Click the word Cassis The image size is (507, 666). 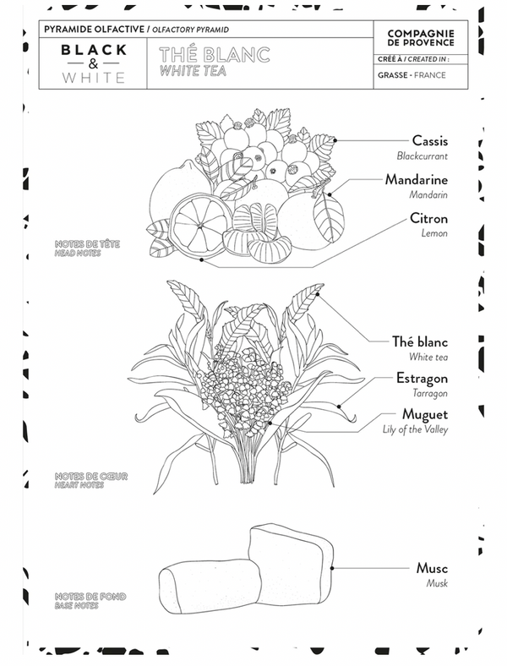(430, 140)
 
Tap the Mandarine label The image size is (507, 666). (416, 180)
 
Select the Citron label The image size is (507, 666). (428, 218)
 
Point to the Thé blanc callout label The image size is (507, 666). (419, 341)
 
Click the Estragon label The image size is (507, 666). (422, 378)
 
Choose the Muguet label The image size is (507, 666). (425, 414)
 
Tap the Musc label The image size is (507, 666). (432, 568)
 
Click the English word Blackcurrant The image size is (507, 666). (422, 156)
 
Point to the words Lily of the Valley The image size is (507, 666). (415, 429)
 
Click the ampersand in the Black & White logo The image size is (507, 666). (94, 63)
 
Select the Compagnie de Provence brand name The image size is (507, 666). (421, 38)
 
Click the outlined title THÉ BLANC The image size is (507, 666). (215, 55)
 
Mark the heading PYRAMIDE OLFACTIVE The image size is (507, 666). (95, 30)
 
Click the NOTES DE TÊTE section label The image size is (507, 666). (87, 243)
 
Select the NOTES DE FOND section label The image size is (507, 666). (90, 597)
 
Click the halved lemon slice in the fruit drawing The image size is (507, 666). (199, 225)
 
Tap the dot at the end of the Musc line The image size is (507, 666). (332, 568)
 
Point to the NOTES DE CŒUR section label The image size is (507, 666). (91, 476)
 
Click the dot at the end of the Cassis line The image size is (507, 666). (335, 140)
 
